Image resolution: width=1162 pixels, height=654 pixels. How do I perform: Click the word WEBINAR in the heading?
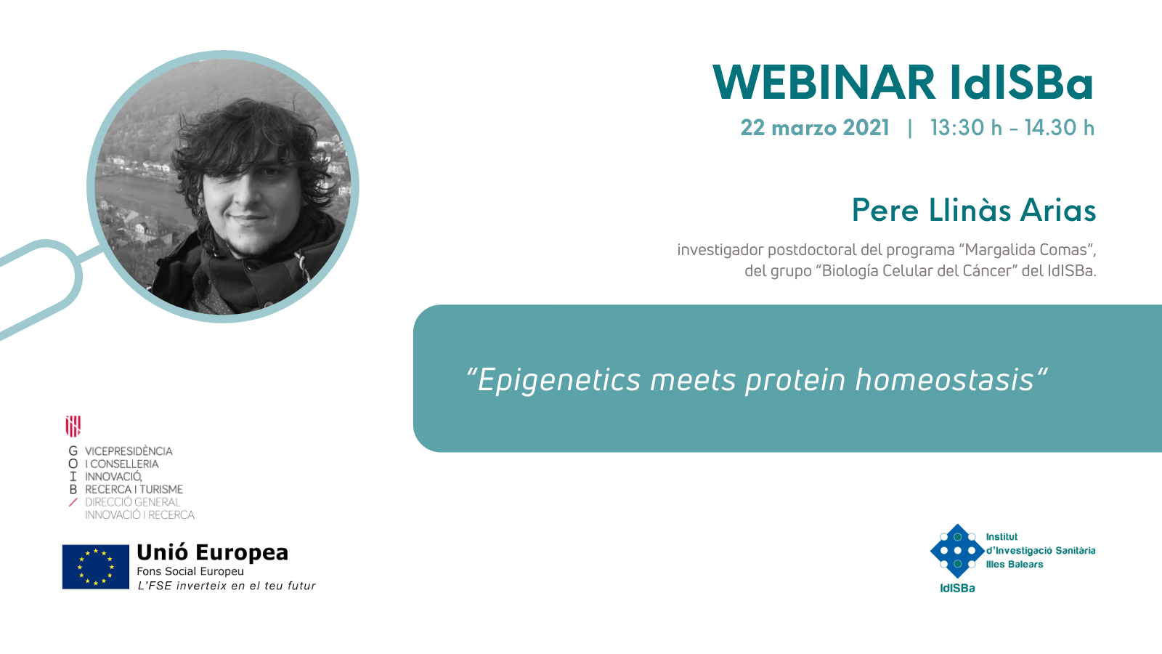(824, 82)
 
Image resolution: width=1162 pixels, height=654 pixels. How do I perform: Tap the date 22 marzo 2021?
(815, 128)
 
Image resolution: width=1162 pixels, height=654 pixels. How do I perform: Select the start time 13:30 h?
(966, 128)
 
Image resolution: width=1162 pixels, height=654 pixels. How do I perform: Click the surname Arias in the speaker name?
(1058, 210)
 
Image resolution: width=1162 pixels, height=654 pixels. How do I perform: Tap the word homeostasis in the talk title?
(944, 380)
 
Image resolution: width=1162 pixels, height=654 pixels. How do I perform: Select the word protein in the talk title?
(795, 381)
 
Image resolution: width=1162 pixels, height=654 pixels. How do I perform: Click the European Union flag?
(95, 567)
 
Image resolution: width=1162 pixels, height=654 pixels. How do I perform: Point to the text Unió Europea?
(212, 552)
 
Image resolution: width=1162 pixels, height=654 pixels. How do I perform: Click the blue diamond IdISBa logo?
(957, 551)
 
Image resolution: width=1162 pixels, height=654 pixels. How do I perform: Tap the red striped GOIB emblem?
(73, 426)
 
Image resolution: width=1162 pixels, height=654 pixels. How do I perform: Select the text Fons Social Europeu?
(190, 571)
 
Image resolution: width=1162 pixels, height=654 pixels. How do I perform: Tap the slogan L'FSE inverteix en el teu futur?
(226, 586)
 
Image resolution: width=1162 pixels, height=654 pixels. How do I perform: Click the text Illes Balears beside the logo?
(1014, 564)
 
